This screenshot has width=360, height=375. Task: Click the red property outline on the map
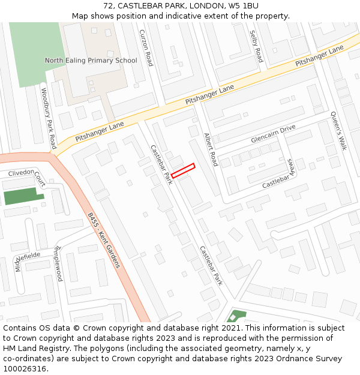pyautogui.click(x=183, y=170)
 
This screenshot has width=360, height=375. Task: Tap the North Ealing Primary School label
pyautogui.click(x=91, y=61)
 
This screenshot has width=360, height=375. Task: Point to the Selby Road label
pyautogui.click(x=256, y=46)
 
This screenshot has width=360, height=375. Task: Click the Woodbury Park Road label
pyautogui.click(x=49, y=119)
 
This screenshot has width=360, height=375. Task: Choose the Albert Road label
pyautogui.click(x=210, y=149)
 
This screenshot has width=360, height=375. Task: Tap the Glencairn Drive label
pyautogui.click(x=274, y=134)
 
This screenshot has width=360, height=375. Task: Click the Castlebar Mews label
pyautogui.click(x=278, y=175)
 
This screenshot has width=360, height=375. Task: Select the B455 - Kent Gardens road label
pyautogui.click(x=104, y=240)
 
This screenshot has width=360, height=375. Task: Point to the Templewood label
pyautogui.click(x=58, y=263)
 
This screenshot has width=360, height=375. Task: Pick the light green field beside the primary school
pyautogui.click(x=35, y=54)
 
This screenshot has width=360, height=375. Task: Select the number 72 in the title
pyautogui.click(x=108, y=6)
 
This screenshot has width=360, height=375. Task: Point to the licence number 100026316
pyautogui.click(x=25, y=368)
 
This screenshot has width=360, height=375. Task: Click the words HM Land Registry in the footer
pyautogui.click(x=33, y=348)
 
